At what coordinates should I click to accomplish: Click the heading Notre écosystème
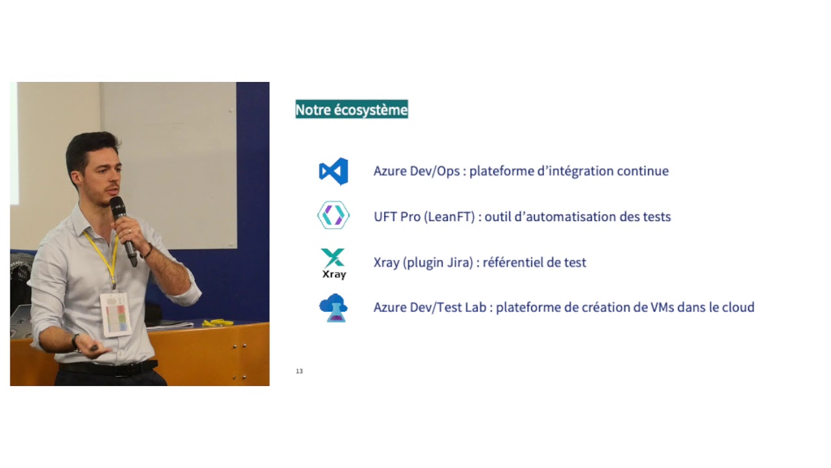point(351,110)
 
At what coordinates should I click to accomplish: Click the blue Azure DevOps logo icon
point(334,172)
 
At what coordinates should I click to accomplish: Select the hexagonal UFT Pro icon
point(333,215)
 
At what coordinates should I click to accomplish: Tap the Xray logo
point(334,263)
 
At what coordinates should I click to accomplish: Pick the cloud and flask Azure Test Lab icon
point(334,307)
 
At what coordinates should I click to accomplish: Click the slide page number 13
point(299,371)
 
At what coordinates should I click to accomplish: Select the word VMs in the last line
point(658,307)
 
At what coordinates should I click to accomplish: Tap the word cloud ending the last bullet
point(737,307)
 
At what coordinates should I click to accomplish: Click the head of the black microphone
point(118,207)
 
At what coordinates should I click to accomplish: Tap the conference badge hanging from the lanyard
point(116,314)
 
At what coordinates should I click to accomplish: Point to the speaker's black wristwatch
point(77,341)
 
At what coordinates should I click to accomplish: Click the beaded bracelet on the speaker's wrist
point(149,250)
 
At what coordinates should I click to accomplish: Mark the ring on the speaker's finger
point(129,230)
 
